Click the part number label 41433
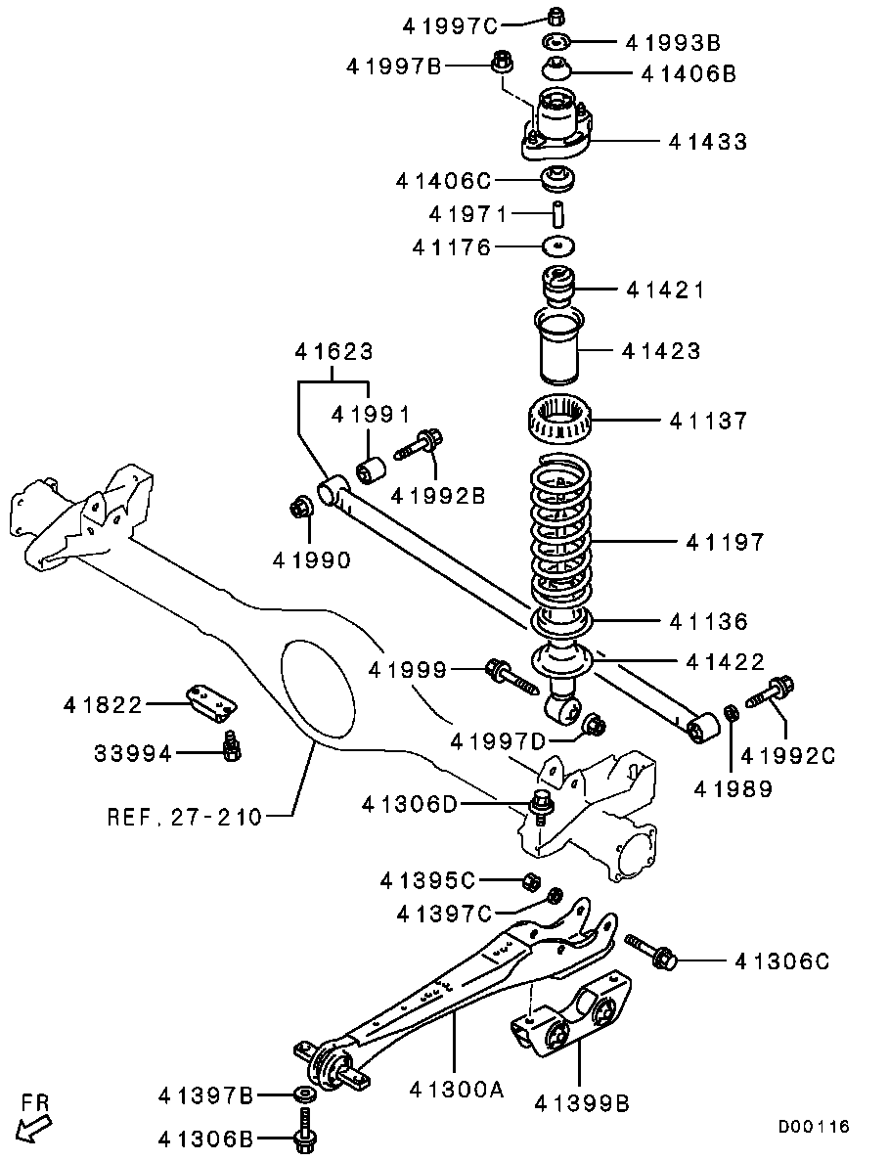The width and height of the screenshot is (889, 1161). point(708,142)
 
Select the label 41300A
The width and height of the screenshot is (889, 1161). point(456,1089)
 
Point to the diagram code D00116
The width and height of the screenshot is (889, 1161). point(814,1127)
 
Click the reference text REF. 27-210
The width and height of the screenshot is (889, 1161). point(185,815)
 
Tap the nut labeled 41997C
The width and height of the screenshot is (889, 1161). point(553,16)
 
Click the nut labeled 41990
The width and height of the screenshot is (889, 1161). point(301,509)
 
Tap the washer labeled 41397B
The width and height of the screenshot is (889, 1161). point(304,1094)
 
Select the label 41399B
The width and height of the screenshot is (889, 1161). point(581,1102)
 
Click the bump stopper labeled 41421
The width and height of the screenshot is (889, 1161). point(558,288)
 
